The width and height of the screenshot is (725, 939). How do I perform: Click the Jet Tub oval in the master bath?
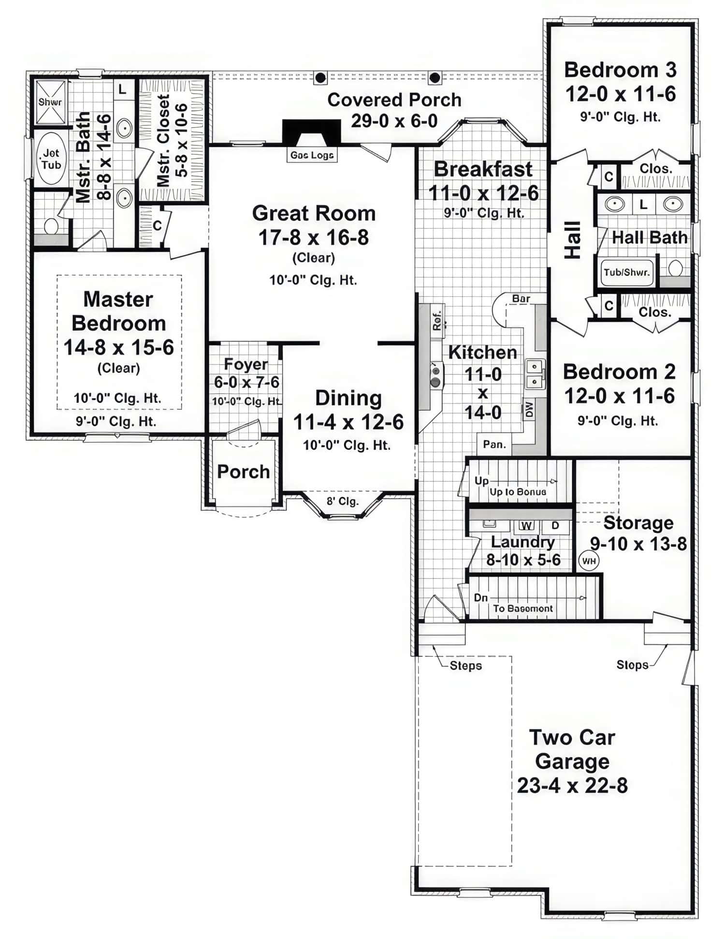tap(51, 159)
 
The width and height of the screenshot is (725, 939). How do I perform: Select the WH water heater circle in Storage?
tap(589, 561)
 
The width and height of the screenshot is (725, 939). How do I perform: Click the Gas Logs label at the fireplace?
tap(312, 155)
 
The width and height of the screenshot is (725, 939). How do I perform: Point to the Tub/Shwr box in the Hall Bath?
tap(626, 272)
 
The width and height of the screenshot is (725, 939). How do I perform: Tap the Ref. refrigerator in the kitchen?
tap(437, 320)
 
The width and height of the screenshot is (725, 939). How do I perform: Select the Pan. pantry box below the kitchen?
tap(494, 444)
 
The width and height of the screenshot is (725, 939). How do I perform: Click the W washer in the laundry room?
tap(527, 525)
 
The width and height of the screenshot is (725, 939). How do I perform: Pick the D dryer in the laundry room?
tap(555, 525)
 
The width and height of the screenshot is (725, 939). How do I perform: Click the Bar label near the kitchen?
tap(521, 299)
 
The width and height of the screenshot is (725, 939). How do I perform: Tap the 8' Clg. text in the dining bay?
tap(342, 501)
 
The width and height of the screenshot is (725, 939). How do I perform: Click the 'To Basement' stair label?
tap(523, 608)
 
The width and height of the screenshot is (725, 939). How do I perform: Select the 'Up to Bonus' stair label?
tap(518, 491)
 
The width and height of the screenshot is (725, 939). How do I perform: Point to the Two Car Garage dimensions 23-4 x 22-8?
tap(572, 785)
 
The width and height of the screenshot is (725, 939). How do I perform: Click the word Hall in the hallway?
tap(573, 240)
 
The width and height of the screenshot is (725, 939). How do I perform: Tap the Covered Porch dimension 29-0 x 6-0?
tap(394, 121)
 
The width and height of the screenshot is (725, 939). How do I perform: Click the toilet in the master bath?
tap(51, 226)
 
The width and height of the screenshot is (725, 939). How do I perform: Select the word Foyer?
tap(246, 364)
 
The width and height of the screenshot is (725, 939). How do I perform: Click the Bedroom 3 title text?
tap(620, 70)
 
